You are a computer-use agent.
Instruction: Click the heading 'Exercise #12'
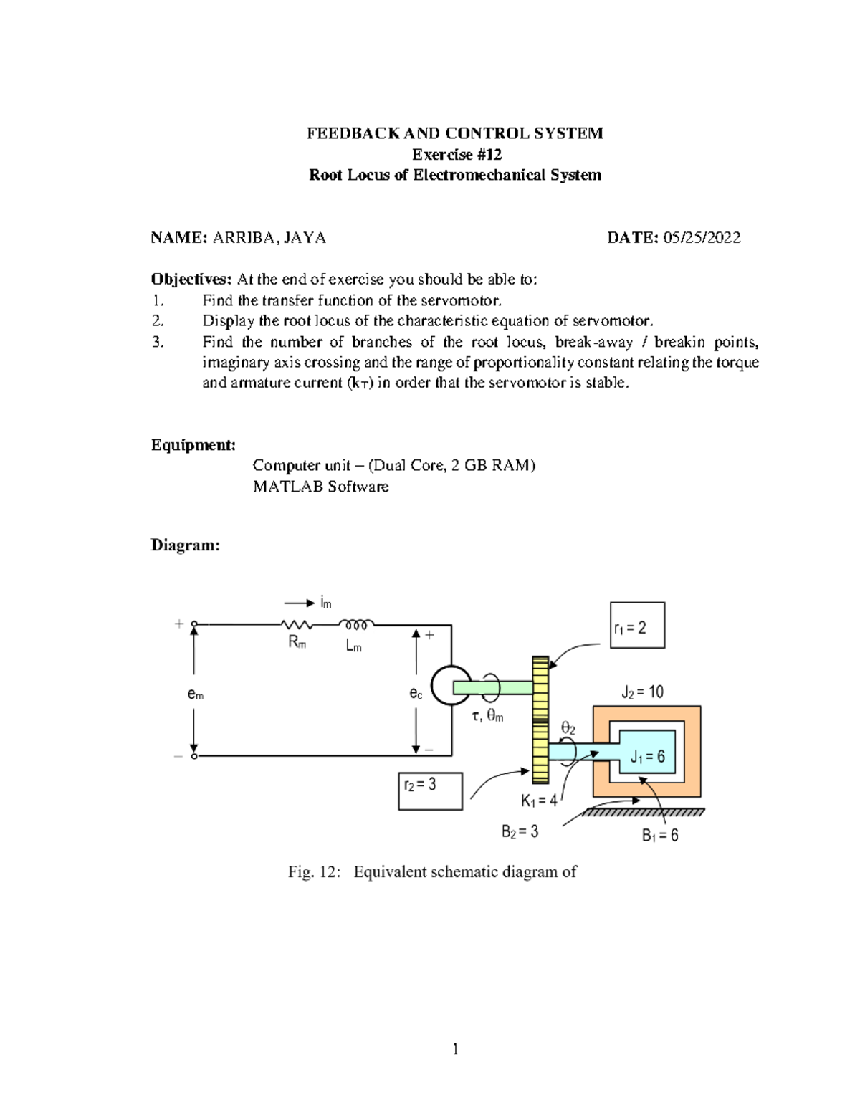(456, 154)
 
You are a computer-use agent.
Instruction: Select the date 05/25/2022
(702, 238)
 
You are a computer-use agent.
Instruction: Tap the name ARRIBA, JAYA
(269, 238)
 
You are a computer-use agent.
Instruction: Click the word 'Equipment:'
(193, 445)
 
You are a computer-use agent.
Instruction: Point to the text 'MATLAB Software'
(320, 487)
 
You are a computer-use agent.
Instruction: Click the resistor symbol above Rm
(296, 625)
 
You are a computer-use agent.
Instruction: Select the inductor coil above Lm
(355, 624)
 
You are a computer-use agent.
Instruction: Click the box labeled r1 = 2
(637, 626)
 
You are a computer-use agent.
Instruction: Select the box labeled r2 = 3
(430, 790)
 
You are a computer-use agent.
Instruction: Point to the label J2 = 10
(642, 692)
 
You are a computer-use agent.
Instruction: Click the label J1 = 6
(647, 756)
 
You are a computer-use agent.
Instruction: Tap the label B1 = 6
(659, 836)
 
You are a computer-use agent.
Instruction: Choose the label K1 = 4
(538, 801)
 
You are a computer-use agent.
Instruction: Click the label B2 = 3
(520, 831)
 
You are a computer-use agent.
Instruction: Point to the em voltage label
(195, 694)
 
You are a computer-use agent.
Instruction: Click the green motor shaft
(493, 688)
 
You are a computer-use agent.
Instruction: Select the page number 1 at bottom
(455, 1049)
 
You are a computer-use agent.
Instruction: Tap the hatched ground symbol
(643, 813)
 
